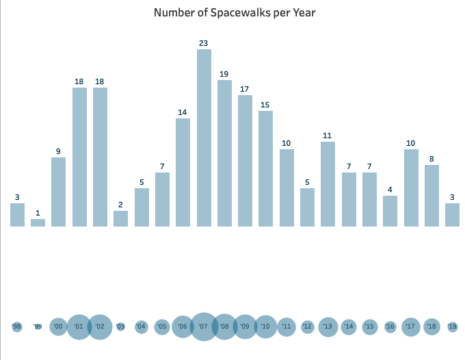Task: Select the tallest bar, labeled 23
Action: pyautogui.click(x=204, y=137)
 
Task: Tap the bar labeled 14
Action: pyautogui.click(x=183, y=172)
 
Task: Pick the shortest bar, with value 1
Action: pyautogui.click(x=38, y=222)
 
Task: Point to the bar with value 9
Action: pyautogui.click(x=59, y=192)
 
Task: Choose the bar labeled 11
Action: pyautogui.click(x=328, y=183)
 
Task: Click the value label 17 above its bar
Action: pyautogui.click(x=245, y=89)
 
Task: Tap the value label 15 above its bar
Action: pyautogui.click(x=265, y=105)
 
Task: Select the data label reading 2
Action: pyautogui.click(x=120, y=205)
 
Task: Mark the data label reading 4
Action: pyautogui.click(x=390, y=190)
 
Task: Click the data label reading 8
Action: pyautogui.click(x=431, y=159)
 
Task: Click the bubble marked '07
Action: pyautogui.click(x=203, y=327)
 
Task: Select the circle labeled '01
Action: pyautogui.click(x=79, y=327)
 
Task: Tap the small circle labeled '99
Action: pyautogui.click(x=38, y=327)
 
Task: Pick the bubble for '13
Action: pyautogui.click(x=328, y=327)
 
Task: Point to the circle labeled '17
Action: pyautogui.click(x=411, y=327)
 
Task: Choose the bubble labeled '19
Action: pyautogui.click(x=452, y=327)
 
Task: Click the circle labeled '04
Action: pyautogui.click(x=141, y=327)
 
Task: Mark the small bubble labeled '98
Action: pyautogui.click(x=17, y=327)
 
